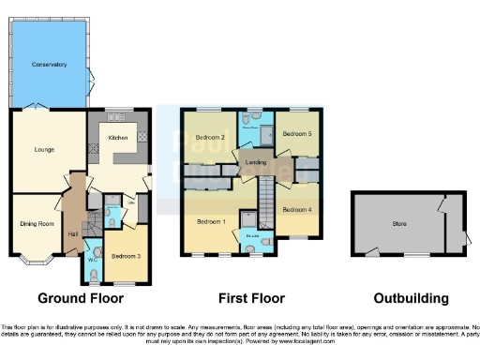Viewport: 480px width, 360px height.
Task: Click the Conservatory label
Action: pyautogui.click(x=49, y=65)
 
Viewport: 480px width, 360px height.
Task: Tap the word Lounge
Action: pyautogui.click(x=43, y=149)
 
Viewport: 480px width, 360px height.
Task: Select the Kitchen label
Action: pyautogui.click(x=118, y=138)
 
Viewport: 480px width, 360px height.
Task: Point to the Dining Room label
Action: pyautogui.click(x=34, y=223)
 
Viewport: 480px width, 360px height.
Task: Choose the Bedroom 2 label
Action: pyautogui.click(x=209, y=138)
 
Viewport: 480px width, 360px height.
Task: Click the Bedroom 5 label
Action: pyautogui.click(x=297, y=134)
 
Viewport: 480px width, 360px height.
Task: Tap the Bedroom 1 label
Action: pyautogui.click(x=210, y=221)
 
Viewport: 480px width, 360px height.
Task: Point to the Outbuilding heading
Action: pyautogui.click(x=411, y=299)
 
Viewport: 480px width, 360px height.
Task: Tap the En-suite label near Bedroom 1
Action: pyautogui.click(x=252, y=237)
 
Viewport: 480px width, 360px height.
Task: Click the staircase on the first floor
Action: pyautogui.click(x=266, y=202)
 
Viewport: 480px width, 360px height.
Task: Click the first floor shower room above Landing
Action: pyautogui.click(x=250, y=127)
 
